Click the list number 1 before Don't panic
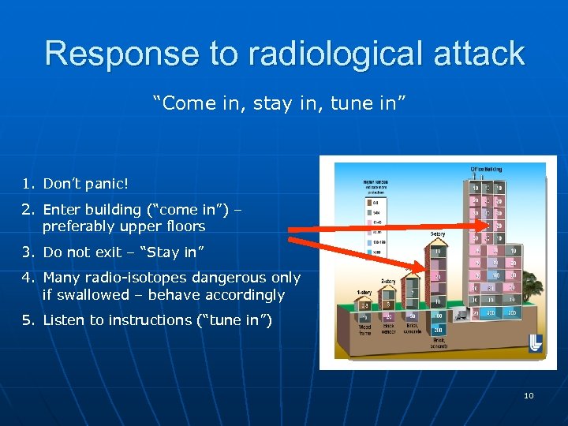pyautogui.click(x=28, y=184)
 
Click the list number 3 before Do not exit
pyautogui.click(x=28, y=252)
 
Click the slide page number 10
pyautogui.click(x=529, y=395)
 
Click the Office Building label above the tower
pyautogui.click(x=486, y=169)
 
